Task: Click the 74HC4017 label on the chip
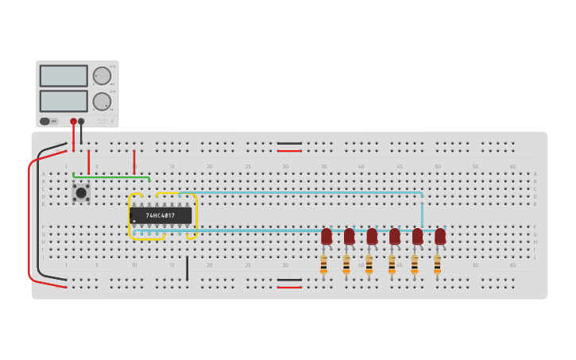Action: [160, 215]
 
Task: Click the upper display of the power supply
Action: [64, 75]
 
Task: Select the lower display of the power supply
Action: [64, 101]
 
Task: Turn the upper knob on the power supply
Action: [102, 75]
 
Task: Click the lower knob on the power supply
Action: [102, 102]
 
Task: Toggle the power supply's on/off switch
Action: [46, 121]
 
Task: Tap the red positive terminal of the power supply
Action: [73, 122]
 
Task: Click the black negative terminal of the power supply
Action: [81, 122]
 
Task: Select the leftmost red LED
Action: [327, 236]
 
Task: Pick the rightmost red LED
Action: [440, 236]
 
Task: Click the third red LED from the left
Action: [372, 236]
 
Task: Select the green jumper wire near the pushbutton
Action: [111, 176]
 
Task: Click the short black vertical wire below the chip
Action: [187, 268]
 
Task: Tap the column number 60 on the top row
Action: [512, 167]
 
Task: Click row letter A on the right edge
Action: [535, 174]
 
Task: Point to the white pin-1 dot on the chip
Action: [134, 221]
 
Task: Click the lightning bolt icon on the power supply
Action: [111, 120]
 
